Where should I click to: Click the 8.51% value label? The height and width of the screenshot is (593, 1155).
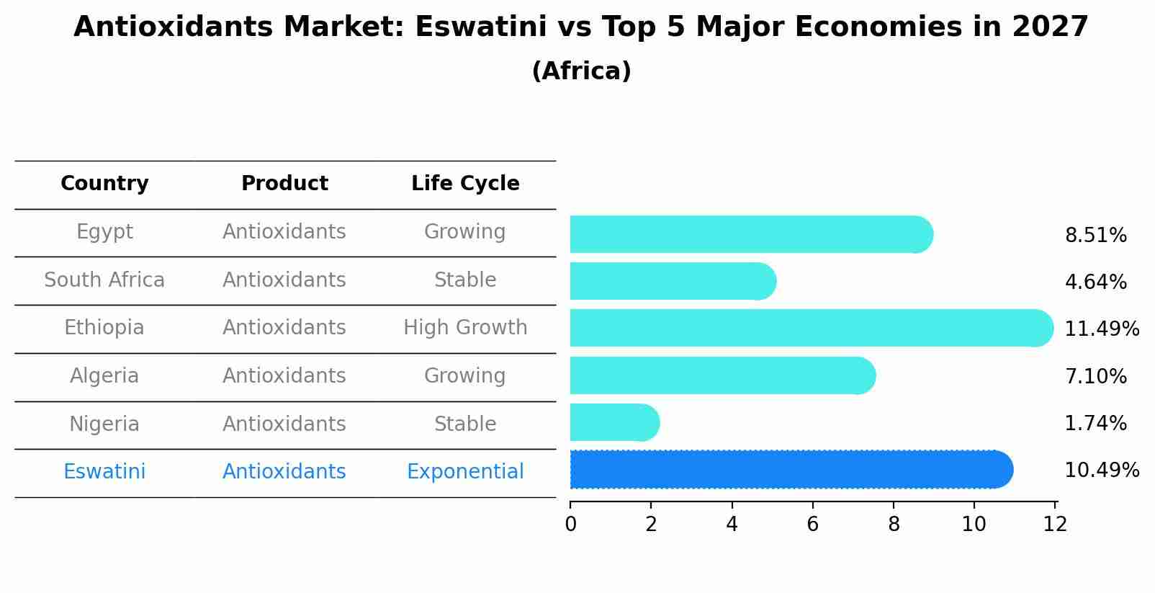tap(1095, 236)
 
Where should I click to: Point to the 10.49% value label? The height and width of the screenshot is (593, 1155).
tap(1101, 471)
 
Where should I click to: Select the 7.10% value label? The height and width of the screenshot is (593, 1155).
tap(1095, 376)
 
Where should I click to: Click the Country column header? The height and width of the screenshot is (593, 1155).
tap(104, 184)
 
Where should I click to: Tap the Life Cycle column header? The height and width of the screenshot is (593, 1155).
tap(465, 184)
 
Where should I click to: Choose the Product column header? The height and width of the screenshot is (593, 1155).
tap(284, 184)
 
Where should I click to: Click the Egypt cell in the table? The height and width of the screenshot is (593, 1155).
tap(104, 232)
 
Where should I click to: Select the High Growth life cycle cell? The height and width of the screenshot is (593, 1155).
tap(465, 328)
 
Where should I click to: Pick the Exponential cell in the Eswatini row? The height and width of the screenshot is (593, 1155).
tap(465, 472)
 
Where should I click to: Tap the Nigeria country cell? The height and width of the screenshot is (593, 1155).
tap(104, 424)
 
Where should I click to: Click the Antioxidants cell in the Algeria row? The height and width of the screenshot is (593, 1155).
tap(284, 376)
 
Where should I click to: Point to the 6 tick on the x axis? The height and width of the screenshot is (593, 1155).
tap(813, 524)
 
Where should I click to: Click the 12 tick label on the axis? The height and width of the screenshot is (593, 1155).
tap(1055, 524)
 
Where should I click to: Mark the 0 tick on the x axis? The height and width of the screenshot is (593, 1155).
tap(570, 524)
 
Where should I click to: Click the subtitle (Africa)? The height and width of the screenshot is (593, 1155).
tap(581, 71)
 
